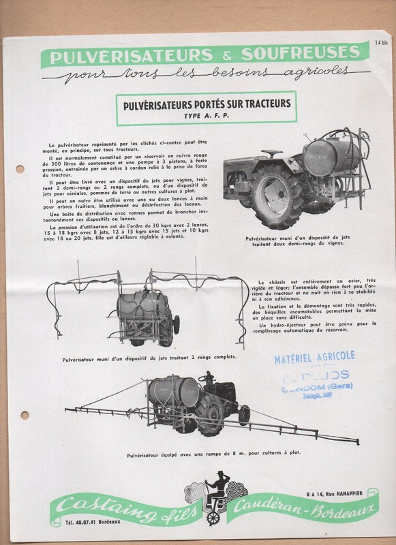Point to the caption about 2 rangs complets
pyautogui.click(x=148, y=356)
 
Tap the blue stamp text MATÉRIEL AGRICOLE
pyautogui.click(x=314, y=356)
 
